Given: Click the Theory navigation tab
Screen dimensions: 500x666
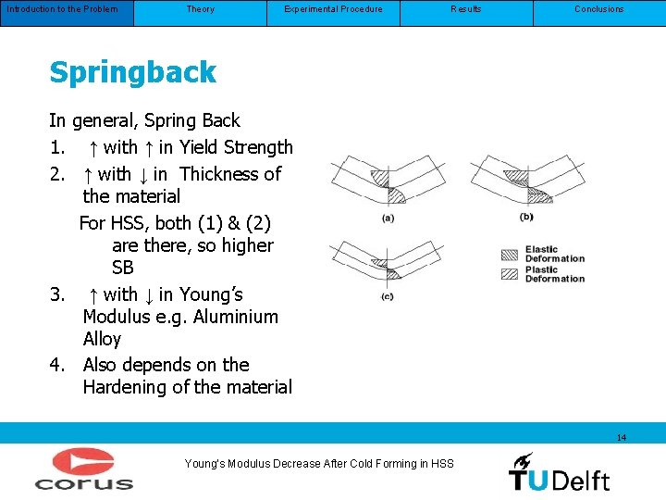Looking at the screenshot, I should (x=200, y=9).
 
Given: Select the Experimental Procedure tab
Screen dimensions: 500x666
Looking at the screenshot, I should (x=333, y=9).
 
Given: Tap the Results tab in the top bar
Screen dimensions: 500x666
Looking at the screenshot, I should (x=466, y=9).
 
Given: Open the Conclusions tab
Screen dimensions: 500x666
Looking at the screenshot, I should (x=599, y=9).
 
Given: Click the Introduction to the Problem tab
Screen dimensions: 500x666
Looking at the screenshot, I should (x=63, y=9).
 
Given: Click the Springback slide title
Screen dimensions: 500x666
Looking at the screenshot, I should (x=132, y=72).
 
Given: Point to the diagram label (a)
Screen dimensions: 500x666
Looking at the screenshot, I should (x=388, y=219).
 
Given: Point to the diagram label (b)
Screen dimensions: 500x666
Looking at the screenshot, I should (x=526, y=217).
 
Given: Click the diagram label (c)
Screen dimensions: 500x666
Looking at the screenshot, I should (x=387, y=296).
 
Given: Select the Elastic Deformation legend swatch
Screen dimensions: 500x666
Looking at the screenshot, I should (x=510, y=255).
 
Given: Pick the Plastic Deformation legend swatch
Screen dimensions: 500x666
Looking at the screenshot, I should (x=510, y=274).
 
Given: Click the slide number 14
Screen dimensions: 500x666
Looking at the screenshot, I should (x=621, y=437).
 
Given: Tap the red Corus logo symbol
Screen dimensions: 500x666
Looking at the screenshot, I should (x=83, y=462).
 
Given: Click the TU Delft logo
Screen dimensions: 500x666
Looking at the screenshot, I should (x=559, y=472).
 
